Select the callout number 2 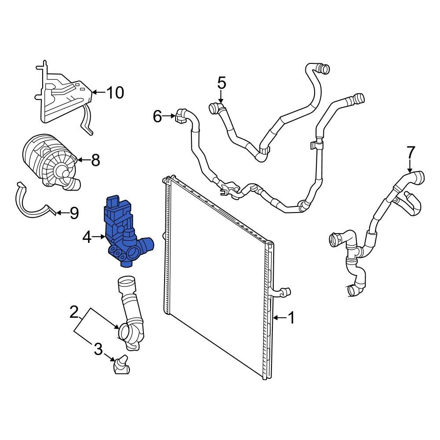click(74, 312)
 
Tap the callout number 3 click(98, 349)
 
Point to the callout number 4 click(87, 238)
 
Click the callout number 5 click(221, 83)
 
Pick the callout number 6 click(158, 116)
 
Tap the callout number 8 click(95, 160)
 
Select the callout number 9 click(74, 213)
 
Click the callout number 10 click(115, 92)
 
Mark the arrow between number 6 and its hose click(169, 116)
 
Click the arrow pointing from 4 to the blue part click(99, 237)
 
